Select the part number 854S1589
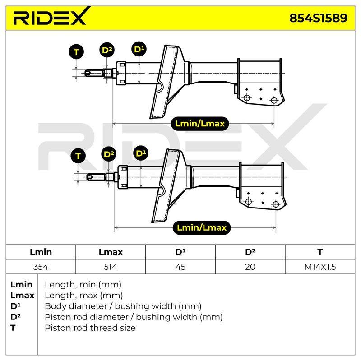319,18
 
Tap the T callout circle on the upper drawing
76,52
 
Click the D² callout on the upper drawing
107,50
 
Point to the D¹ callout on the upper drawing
139,49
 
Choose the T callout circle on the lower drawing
78,156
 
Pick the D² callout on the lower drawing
109,154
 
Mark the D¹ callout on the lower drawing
141,153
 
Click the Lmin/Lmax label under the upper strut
200,124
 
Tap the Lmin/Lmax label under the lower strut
202,228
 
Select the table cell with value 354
41,267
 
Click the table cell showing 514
111,267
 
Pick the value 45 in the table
180,267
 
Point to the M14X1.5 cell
320,267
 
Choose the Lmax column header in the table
111,252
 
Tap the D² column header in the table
250,252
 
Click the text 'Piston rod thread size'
90,328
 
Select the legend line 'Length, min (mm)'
83,285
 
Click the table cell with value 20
250,267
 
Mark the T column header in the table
320,252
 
